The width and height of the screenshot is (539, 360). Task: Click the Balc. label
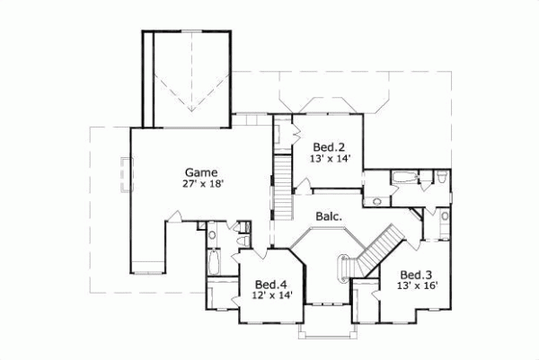click(x=327, y=216)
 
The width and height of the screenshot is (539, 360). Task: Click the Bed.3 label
click(x=414, y=275)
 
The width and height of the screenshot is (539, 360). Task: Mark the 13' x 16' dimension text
click(x=414, y=286)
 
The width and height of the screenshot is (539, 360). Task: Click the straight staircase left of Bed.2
click(x=283, y=184)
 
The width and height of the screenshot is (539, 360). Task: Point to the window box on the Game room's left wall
click(x=126, y=176)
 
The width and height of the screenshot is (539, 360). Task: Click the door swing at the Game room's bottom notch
click(x=175, y=215)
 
